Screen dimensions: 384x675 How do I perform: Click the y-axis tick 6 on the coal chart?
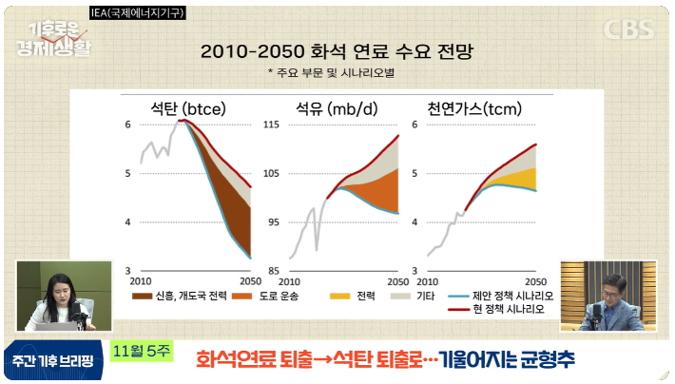click(127, 125)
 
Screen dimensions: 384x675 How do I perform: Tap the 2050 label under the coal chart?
click(249, 282)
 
